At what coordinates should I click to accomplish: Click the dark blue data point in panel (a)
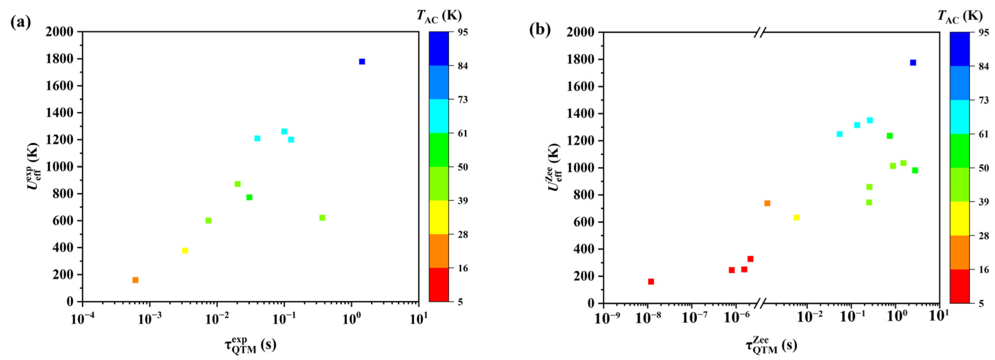(x=362, y=62)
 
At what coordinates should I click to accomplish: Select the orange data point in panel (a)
(x=135, y=280)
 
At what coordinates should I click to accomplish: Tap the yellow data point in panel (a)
(x=185, y=251)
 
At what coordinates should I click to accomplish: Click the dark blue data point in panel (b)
(x=913, y=63)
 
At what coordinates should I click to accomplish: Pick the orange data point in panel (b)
(x=767, y=203)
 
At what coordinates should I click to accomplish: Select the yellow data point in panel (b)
(x=797, y=217)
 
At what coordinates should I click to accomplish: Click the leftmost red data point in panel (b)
(x=651, y=281)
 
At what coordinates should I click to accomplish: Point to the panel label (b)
(x=540, y=29)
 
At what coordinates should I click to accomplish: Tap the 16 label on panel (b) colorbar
(x=984, y=270)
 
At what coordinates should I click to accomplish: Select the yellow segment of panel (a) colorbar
(x=439, y=217)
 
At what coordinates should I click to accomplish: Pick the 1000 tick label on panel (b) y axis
(x=580, y=168)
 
